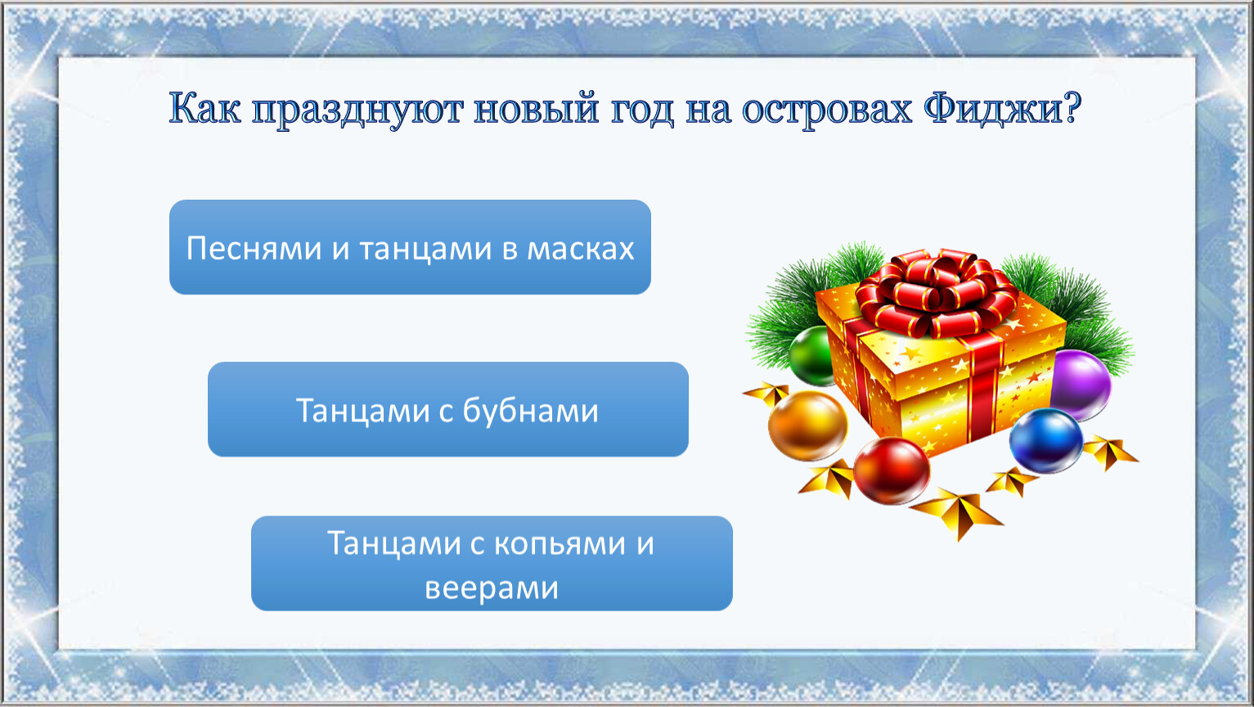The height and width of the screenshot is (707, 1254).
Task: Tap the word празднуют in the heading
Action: pyautogui.click(x=357, y=110)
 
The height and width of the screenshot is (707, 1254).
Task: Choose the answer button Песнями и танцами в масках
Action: pyautogui.click(x=410, y=247)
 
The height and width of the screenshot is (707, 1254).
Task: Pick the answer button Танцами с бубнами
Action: pyautogui.click(x=448, y=409)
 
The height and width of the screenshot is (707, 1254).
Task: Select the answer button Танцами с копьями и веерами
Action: pyautogui.click(x=492, y=563)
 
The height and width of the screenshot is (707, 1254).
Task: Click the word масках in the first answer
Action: pyautogui.click(x=581, y=250)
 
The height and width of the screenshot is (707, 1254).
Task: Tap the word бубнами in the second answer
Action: pyautogui.click(x=530, y=410)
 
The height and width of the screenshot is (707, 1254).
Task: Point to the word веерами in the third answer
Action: pyautogui.click(x=492, y=589)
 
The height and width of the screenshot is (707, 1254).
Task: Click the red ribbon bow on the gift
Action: pyautogui.click(x=937, y=294)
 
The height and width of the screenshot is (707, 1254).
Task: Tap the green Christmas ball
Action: pyautogui.click(x=811, y=356)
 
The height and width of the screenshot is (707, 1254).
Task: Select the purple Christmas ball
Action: pyautogui.click(x=1081, y=385)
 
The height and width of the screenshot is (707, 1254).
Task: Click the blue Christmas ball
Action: pyautogui.click(x=1045, y=440)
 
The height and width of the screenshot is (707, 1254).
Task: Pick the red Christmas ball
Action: pyautogui.click(x=892, y=470)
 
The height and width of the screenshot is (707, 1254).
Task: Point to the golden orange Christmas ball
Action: pyautogui.click(x=807, y=426)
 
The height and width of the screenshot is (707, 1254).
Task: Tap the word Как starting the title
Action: pyautogui.click(x=205, y=108)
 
